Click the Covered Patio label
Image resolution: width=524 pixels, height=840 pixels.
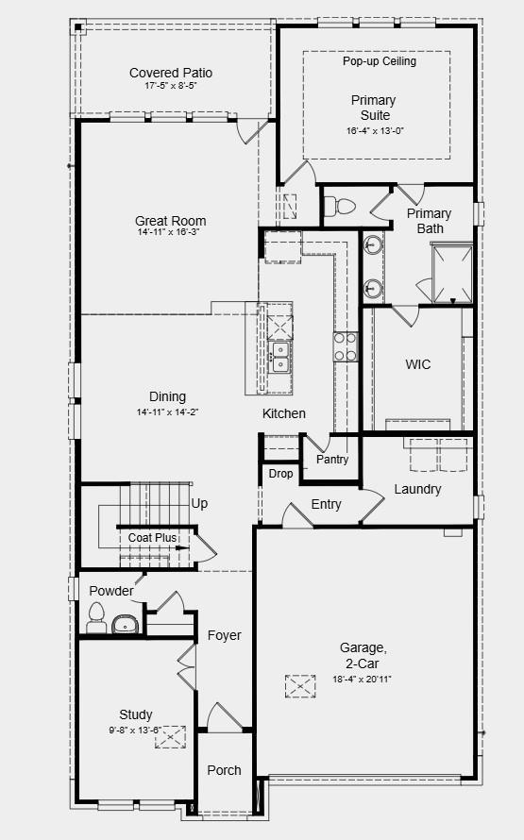[x=171, y=73]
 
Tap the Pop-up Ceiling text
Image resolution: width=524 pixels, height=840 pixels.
[x=379, y=61]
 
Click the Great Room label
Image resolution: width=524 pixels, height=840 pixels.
[x=170, y=222]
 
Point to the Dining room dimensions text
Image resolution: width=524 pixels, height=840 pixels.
[x=167, y=412]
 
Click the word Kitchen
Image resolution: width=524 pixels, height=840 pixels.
[x=284, y=413]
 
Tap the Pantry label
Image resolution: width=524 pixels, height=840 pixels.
[x=332, y=460]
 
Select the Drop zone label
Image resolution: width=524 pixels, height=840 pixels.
[x=280, y=474]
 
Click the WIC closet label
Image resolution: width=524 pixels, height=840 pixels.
[x=418, y=364]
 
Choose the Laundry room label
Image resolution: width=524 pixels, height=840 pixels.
[x=417, y=489]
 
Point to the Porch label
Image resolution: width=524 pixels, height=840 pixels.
[x=225, y=770]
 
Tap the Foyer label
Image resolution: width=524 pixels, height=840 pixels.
[x=225, y=635]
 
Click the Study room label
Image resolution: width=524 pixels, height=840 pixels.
[x=136, y=714]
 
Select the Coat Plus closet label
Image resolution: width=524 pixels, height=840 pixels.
[x=153, y=538]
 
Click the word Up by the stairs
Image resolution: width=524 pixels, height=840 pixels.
[x=200, y=504]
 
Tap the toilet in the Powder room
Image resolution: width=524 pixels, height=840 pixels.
[x=95, y=619]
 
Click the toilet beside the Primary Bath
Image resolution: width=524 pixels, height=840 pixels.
[x=342, y=206]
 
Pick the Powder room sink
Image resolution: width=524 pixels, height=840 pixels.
[x=124, y=624]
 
